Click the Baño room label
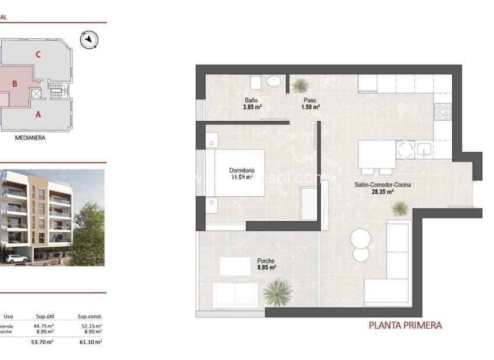coord(250,100)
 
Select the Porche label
coord(266,261)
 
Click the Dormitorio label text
coord(242,170)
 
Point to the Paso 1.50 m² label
coord(310,103)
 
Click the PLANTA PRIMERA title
coord(405,326)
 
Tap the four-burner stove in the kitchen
coord(443,110)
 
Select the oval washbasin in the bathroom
coord(274,82)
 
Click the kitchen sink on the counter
coord(425,149)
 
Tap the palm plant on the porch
coord(277,292)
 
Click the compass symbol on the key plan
coord(89,39)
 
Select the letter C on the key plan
coord(38,55)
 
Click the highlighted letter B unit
coord(16,84)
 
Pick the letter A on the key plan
coord(38,114)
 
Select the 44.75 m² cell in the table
coord(45,326)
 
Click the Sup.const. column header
coord(90,316)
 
